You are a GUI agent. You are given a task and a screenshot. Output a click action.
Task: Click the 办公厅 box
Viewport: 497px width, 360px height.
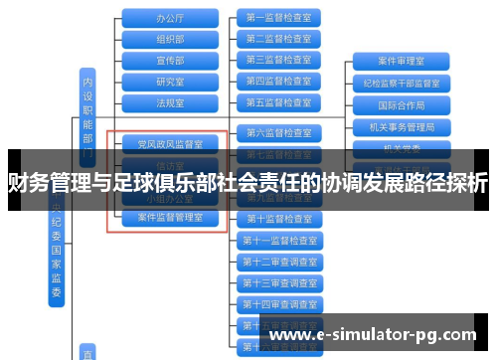pos(170,18)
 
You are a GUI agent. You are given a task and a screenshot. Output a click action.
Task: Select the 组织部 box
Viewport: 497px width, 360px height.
pos(170,39)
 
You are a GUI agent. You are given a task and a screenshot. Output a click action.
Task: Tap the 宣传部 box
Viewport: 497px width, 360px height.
pos(170,60)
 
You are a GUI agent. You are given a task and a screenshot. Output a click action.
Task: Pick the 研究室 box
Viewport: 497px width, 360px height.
pos(170,82)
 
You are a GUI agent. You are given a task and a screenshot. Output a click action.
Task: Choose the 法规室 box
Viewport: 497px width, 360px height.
pos(170,102)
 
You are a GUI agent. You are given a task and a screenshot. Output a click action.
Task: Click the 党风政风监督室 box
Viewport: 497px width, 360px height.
pos(170,144)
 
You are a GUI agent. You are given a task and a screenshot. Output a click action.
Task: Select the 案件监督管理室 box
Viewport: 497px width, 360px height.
pos(170,217)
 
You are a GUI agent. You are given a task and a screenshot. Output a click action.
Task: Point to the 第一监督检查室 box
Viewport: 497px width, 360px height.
pos(278,18)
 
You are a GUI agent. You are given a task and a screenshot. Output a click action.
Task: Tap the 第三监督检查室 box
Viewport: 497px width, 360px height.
pos(278,60)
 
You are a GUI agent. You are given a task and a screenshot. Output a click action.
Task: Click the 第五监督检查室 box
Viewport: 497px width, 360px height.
pos(278,102)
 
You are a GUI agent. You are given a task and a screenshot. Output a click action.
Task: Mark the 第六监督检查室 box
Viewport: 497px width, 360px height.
pos(278,132)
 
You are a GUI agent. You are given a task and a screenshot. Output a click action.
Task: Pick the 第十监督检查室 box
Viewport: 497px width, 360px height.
pos(278,219)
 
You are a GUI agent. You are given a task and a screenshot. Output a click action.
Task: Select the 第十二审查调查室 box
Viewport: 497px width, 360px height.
pos(278,262)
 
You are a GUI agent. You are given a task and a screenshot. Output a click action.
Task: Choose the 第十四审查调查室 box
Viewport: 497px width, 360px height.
pos(278,304)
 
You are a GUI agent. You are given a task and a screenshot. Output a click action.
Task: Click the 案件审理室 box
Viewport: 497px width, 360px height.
pos(402,62)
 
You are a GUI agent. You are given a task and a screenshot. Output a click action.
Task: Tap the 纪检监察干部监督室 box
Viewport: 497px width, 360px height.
pos(402,84)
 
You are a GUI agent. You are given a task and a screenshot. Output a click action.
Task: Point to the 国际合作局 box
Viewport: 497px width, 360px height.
pos(402,104)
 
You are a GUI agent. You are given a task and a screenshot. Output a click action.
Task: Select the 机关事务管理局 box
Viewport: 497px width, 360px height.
pos(402,127)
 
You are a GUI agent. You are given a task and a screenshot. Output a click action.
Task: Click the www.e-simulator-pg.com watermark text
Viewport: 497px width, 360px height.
pos(379,335)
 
